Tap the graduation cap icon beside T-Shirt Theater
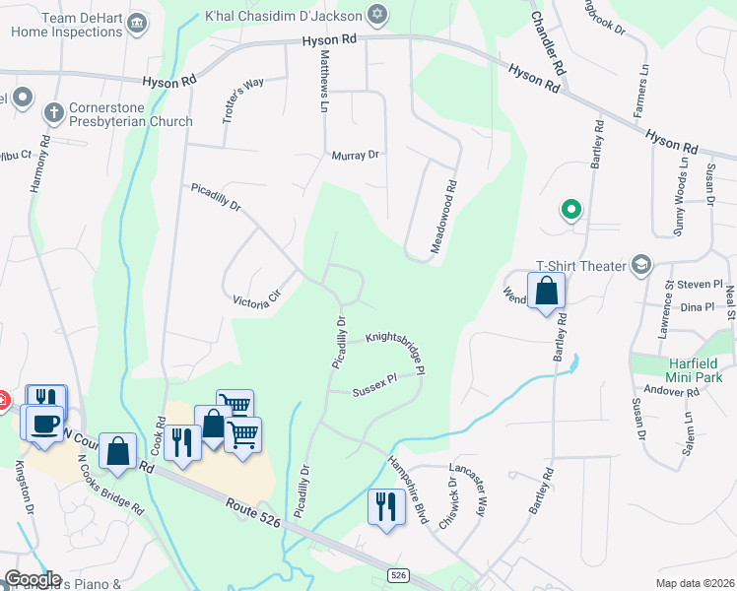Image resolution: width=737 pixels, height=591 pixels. [642, 265]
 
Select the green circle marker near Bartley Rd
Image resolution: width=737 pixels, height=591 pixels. [569, 209]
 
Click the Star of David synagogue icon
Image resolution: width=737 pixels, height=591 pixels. [375, 14]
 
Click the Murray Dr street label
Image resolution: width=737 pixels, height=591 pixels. [356, 156]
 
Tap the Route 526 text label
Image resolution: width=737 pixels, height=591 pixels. [252, 511]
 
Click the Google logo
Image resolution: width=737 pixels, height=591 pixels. [33, 578]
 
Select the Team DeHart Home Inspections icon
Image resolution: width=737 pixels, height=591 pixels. [137, 22]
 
